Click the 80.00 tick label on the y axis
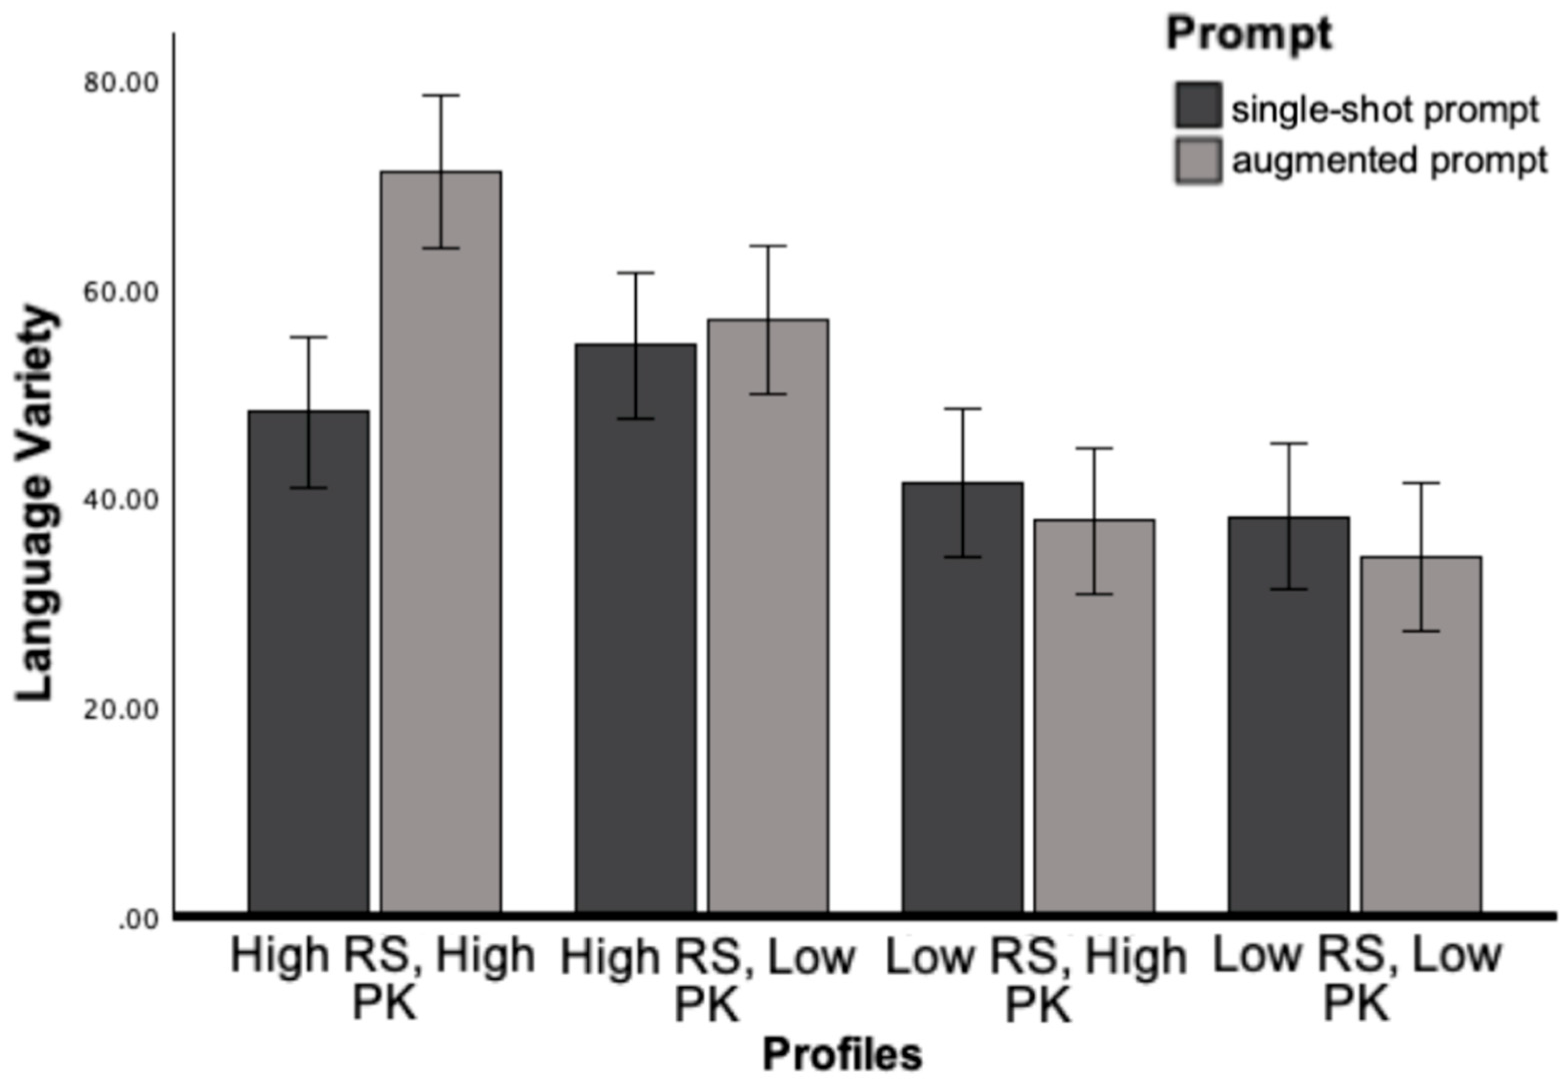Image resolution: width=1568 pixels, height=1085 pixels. coord(121,83)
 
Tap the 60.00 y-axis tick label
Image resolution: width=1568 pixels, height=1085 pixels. coord(121,292)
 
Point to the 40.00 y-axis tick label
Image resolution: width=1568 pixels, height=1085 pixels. coord(121,500)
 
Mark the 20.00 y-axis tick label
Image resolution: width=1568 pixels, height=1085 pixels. coord(121,710)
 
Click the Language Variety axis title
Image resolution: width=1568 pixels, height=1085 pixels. coord(35,503)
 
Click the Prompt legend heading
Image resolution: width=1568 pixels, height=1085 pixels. coord(1249,34)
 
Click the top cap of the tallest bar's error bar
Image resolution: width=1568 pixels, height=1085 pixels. coord(441,96)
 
